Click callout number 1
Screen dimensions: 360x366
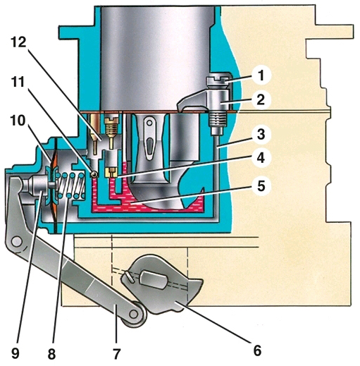[261, 76]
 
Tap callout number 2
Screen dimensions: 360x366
[261, 99]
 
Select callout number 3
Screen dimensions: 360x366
[261, 135]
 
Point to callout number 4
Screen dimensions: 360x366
[261, 158]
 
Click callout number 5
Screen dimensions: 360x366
[261, 186]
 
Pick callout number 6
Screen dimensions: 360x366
[257, 351]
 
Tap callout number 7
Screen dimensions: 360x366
[117, 353]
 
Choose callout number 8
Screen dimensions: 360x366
[52, 353]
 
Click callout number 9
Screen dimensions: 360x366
[15, 353]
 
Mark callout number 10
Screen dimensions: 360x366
[18, 121]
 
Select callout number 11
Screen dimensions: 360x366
[18, 83]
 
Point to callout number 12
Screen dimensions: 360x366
[18, 43]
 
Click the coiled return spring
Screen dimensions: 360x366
[70, 185]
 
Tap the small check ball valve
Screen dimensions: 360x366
[94, 174]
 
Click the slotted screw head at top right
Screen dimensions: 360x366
[218, 80]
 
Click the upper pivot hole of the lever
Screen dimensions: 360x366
[17, 242]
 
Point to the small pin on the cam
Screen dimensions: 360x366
[129, 276]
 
